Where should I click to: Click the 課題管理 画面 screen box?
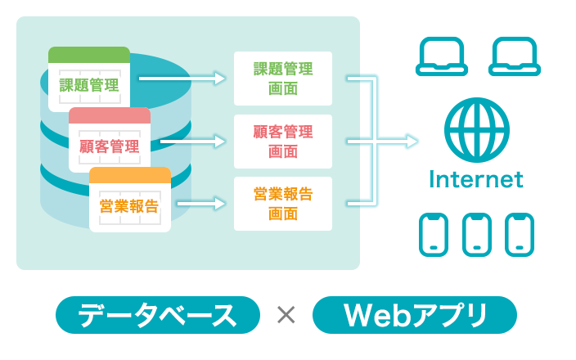[283, 79]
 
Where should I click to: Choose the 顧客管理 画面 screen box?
[283, 141]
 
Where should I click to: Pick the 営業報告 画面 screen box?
[283, 204]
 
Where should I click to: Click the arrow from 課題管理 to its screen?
[182, 79]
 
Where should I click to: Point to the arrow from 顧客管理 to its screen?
[193, 142]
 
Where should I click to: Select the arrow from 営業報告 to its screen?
[201, 201]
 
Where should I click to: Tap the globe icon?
[476, 132]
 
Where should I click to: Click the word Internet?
[476, 179]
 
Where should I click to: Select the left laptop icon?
[442, 57]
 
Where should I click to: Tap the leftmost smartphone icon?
[434, 234]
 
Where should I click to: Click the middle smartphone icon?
[476, 234]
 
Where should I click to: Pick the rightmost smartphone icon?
[519, 234]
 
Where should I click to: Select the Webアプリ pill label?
[415, 315]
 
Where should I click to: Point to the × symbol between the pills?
[286, 315]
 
